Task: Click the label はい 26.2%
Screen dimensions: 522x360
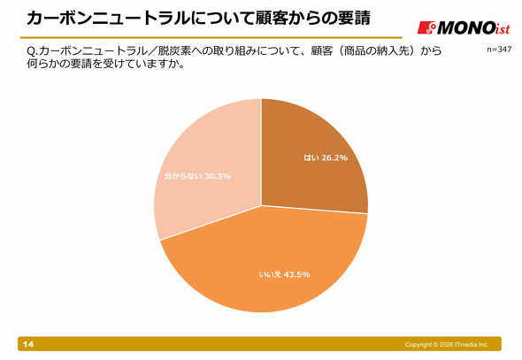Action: click(x=326, y=157)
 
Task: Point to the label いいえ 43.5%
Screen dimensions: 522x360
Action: click(x=285, y=274)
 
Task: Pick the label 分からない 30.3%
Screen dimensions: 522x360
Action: click(x=197, y=176)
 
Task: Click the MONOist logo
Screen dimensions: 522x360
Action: click(x=464, y=27)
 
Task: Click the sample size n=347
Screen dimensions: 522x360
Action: click(x=499, y=50)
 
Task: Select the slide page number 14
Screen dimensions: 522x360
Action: click(x=28, y=344)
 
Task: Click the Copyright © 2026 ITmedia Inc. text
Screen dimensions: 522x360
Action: click(x=447, y=345)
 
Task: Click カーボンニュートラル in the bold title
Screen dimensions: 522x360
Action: click(x=109, y=18)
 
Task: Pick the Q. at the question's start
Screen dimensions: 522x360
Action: click(x=33, y=51)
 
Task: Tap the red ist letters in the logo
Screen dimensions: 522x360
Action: click(x=503, y=28)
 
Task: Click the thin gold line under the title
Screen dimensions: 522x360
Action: click(x=211, y=38)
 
